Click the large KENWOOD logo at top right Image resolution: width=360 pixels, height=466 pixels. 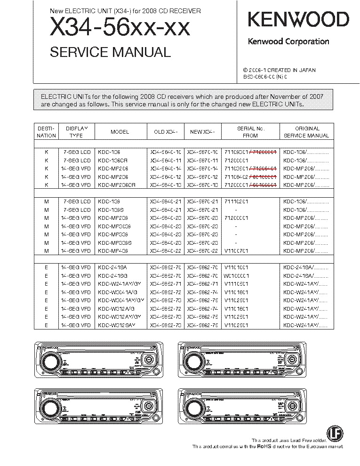[298, 20]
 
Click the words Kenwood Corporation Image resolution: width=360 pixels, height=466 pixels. [288, 41]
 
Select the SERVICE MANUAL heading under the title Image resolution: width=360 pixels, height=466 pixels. [110, 52]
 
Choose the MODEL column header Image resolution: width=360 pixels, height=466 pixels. [120, 132]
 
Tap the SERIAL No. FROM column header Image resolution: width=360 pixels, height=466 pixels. [250, 132]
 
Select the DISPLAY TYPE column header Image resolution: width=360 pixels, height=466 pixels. [76, 132]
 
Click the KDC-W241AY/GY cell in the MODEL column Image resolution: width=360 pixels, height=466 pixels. [120, 284]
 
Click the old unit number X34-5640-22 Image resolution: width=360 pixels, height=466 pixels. [165, 251]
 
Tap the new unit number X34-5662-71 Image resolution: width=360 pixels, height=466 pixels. [202, 284]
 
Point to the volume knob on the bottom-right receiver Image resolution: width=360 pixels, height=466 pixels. [193, 408]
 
